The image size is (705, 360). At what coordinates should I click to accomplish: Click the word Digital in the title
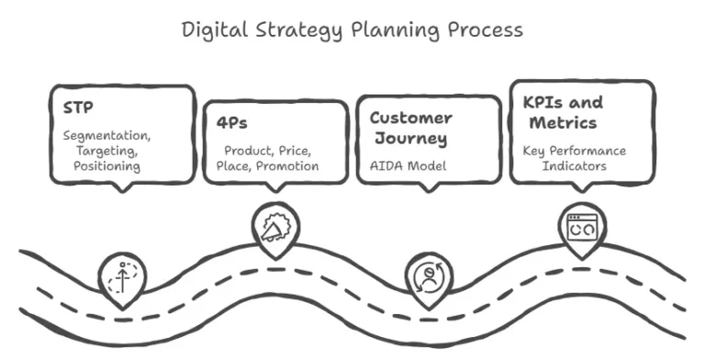click(212, 29)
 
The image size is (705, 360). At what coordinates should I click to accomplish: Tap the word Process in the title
click(486, 29)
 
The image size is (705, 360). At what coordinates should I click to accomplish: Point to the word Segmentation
click(107, 135)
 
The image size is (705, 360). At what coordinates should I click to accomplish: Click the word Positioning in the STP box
click(107, 166)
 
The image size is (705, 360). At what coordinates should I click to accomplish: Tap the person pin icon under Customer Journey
click(427, 276)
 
